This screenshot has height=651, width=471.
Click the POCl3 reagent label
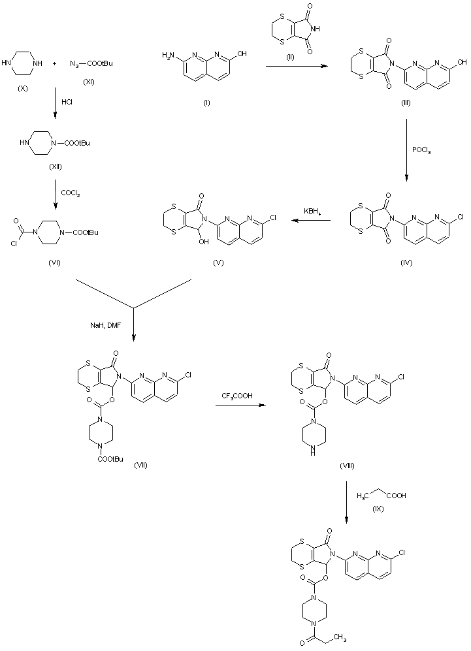tap(422, 150)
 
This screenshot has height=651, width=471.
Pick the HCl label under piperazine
tap(67, 103)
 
